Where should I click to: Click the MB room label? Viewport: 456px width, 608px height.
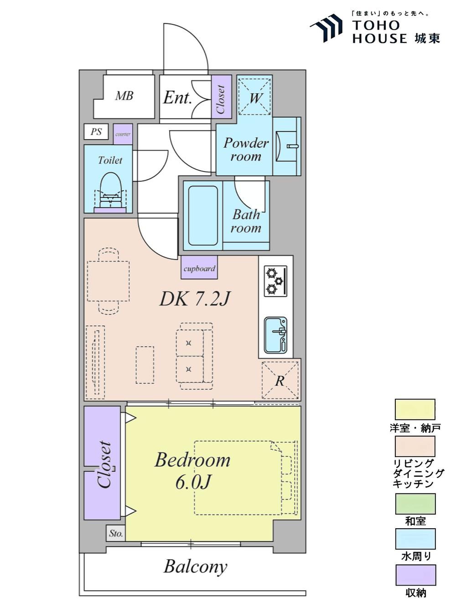pos(124,96)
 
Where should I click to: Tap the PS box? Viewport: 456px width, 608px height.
pos(96,131)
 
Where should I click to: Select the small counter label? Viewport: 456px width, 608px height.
pos(123,135)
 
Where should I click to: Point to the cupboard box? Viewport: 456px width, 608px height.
pos(199,267)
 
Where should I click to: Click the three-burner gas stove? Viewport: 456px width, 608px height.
pos(275,281)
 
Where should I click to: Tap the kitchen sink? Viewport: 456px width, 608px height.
pos(275,335)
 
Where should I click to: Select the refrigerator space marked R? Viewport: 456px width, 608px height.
pos(280,380)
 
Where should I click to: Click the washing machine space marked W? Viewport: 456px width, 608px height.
pos(255,96)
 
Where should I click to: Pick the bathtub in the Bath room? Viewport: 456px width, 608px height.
pos(203,215)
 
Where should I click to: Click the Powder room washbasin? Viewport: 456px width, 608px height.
pos(286,146)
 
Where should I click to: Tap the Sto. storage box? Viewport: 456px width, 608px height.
pos(116,533)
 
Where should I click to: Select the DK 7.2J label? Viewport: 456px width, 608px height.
pos(195,299)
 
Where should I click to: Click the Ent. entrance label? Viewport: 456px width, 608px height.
pos(177,98)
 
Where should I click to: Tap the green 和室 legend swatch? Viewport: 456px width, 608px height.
pos(415,504)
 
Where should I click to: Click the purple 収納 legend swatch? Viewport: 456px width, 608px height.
pos(415,575)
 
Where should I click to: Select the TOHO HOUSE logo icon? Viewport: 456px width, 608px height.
pos(326,28)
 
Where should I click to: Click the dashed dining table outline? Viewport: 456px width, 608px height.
pos(108,281)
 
